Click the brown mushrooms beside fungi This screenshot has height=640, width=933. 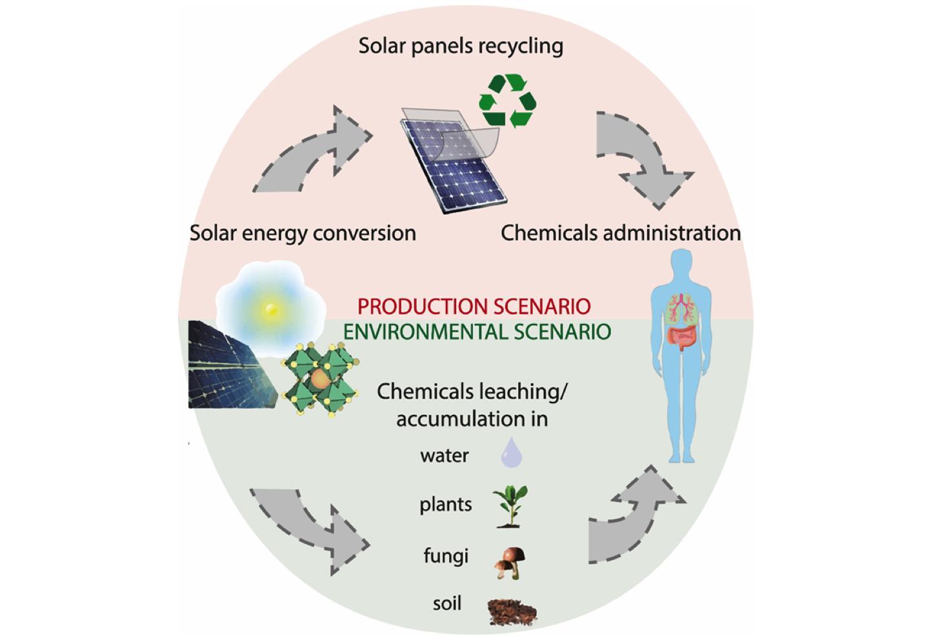(510, 561)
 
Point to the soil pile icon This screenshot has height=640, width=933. (512, 611)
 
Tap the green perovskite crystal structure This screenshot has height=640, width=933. (320, 378)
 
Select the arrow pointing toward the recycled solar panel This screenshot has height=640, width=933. (312, 154)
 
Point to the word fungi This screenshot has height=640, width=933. (445, 556)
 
